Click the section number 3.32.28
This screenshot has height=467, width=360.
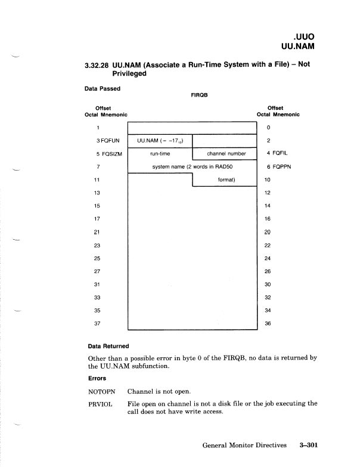99,64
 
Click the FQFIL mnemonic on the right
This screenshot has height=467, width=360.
277,154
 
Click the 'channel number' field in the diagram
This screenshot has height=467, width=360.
223,154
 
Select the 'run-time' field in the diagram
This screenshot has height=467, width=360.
160,154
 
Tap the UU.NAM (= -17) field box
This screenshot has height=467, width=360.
160,141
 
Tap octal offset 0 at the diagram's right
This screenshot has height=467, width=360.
269,128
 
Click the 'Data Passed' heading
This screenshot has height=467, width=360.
103,89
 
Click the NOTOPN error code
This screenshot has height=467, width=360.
101,391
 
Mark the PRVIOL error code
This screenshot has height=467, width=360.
100,404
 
